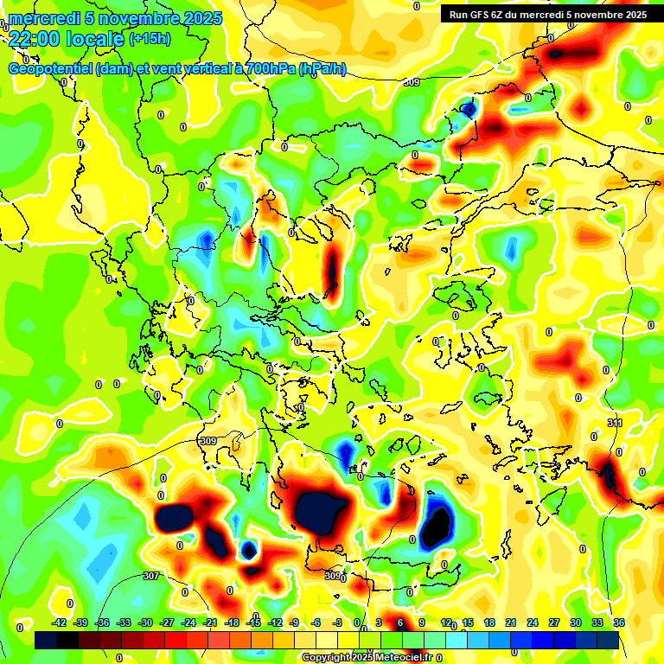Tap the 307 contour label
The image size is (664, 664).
pyautogui.click(x=151, y=576)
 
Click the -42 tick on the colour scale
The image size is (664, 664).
pyautogui.click(x=59, y=622)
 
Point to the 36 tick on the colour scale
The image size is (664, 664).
pyautogui.click(x=619, y=622)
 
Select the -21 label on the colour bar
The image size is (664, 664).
pyautogui.click(x=210, y=622)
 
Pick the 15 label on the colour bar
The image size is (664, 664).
pyautogui.click(x=468, y=622)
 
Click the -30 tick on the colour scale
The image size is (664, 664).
pyautogui.click(x=145, y=622)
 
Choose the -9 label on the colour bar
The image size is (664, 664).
pyautogui.click(x=295, y=622)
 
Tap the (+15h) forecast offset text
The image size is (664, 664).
pyautogui.click(x=150, y=39)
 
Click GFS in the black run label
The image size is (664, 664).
pyautogui.click(x=481, y=15)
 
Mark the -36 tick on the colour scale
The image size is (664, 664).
pyautogui.click(x=102, y=622)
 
